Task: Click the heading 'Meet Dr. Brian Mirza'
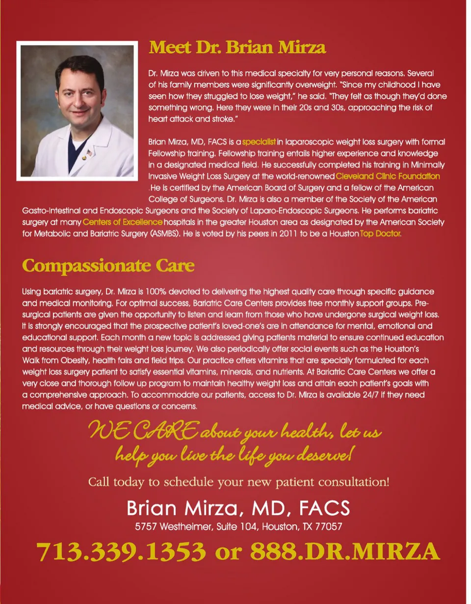(x=237, y=48)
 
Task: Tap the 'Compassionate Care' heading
(x=108, y=266)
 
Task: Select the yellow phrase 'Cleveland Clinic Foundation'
(x=388, y=176)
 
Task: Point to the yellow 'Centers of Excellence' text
(x=122, y=222)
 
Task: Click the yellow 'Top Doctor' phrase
(x=380, y=234)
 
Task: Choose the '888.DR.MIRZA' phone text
(x=344, y=552)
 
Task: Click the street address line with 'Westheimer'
(x=238, y=527)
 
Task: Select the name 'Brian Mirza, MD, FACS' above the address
(x=238, y=508)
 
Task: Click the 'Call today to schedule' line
(x=238, y=481)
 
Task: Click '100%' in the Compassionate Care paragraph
(x=156, y=292)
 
